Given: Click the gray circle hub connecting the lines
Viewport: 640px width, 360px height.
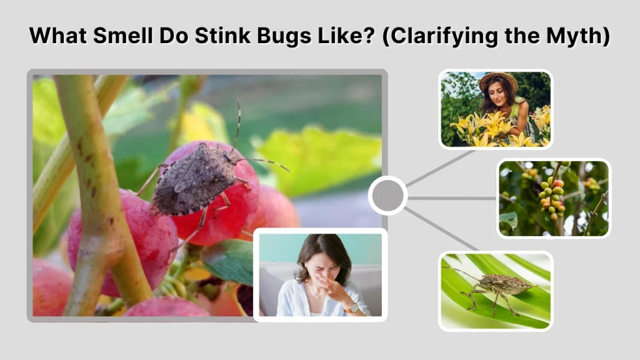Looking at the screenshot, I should point(388,196).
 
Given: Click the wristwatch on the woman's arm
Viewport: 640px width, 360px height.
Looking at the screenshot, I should point(354,307).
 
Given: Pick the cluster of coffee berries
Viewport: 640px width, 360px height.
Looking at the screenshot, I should point(549,194).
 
